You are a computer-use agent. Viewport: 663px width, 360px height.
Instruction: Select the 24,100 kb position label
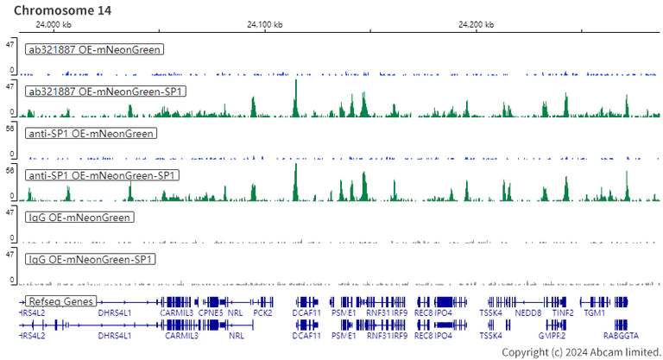263,25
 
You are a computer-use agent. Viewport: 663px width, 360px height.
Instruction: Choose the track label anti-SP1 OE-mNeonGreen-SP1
103,176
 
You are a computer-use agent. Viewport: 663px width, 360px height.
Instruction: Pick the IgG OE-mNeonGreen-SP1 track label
92,260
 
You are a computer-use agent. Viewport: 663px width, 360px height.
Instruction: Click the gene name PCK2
262,313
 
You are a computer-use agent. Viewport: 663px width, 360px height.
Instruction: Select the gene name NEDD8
527,313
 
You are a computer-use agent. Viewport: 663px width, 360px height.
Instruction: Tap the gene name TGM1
595,313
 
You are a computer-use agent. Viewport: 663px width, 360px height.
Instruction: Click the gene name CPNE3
211,313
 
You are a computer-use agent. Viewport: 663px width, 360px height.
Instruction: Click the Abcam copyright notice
581,352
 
